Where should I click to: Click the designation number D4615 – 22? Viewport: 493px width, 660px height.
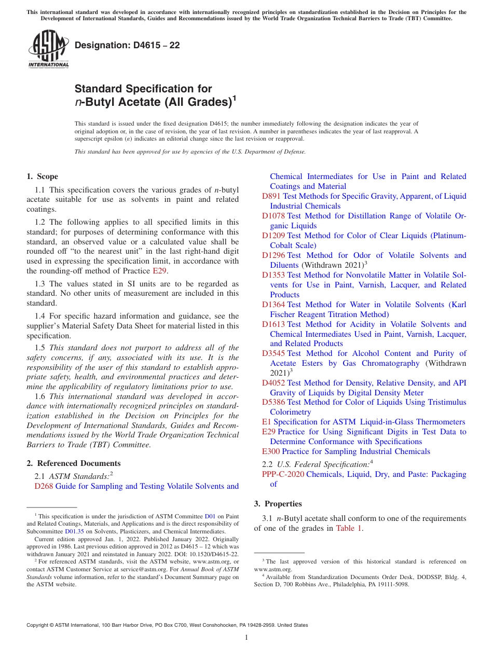127,46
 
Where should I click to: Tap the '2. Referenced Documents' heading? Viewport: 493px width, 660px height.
74,463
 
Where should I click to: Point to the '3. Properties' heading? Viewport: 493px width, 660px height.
278,504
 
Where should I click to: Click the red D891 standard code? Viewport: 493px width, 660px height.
271,196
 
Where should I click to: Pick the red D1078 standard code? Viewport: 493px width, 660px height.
273,216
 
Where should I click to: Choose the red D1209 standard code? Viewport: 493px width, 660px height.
273,236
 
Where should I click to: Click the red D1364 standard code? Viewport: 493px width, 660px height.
273,305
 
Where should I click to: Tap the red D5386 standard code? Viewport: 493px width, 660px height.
273,403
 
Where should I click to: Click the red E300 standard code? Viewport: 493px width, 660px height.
271,451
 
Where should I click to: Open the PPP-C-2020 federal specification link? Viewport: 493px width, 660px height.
283,474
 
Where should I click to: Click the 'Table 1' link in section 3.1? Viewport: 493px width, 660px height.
349,529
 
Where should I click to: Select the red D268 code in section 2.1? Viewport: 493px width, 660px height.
44,486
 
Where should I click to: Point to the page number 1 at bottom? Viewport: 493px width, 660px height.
246,638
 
